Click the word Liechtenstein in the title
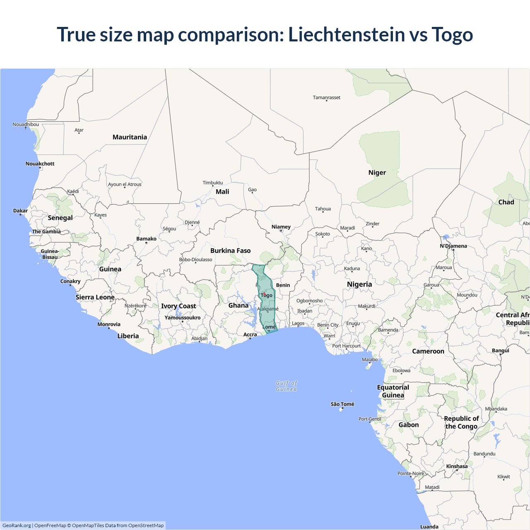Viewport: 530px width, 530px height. [346, 34]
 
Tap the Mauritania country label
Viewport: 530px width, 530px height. [130, 137]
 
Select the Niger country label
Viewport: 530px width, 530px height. [377, 173]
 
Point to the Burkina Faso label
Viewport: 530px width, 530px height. [230, 251]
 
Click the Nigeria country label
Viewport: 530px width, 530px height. [359, 284]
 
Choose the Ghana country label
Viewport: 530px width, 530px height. [238, 306]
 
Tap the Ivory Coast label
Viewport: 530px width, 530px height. [178, 306]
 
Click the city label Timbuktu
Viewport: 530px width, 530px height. [213, 183]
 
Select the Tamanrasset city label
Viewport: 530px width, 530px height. [326, 98]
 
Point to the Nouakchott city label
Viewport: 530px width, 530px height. [40, 164]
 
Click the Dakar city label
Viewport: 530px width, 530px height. [20, 211]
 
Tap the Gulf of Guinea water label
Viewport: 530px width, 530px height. [287, 386]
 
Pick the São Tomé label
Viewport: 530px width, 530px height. [342, 404]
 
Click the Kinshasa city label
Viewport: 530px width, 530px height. [457, 466]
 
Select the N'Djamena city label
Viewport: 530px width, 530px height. [453, 246]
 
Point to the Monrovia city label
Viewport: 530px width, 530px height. [109, 324]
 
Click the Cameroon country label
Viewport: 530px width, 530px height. [428, 351]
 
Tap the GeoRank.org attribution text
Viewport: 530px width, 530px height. [17, 525]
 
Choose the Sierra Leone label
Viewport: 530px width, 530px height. [95, 297]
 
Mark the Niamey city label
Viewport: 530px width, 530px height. [281, 227]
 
